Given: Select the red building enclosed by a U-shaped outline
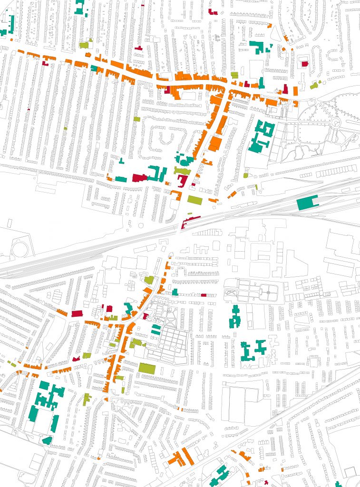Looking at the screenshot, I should click(304, 64).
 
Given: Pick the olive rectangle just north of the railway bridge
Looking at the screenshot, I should click(195, 200).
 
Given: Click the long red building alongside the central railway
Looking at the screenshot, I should click(190, 220).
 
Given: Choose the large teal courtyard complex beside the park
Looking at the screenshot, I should click(261, 137).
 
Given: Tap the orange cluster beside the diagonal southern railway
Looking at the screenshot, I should click(181, 457).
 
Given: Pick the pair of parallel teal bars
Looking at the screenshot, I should click(156, 329).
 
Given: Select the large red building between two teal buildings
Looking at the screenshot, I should click(139, 177).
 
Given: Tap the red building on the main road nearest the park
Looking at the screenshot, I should click(285, 89).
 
